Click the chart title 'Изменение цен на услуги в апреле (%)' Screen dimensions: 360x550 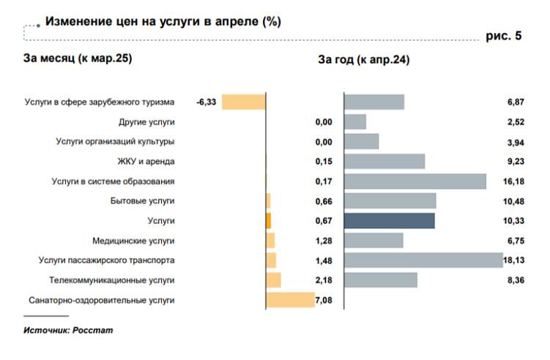click(x=163, y=21)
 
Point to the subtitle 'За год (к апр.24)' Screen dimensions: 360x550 click(x=363, y=59)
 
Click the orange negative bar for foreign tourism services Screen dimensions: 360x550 click(x=243, y=102)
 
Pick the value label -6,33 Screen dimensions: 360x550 click(x=207, y=102)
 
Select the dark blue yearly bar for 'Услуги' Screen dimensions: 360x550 click(x=389, y=221)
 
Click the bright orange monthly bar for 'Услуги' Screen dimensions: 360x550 click(x=268, y=221)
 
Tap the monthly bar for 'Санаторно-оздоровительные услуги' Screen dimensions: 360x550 click(x=290, y=299)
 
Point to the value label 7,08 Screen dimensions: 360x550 click(x=324, y=300)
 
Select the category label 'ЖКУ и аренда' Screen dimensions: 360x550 click(x=147, y=161)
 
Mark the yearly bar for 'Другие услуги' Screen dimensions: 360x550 click(x=354, y=121)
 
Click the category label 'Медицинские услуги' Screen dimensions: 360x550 click(x=133, y=240)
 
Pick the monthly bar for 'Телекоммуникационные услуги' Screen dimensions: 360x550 click(x=273, y=280)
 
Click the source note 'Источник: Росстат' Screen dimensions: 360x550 click(x=68, y=330)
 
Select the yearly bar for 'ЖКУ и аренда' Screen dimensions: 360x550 click(x=384, y=161)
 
